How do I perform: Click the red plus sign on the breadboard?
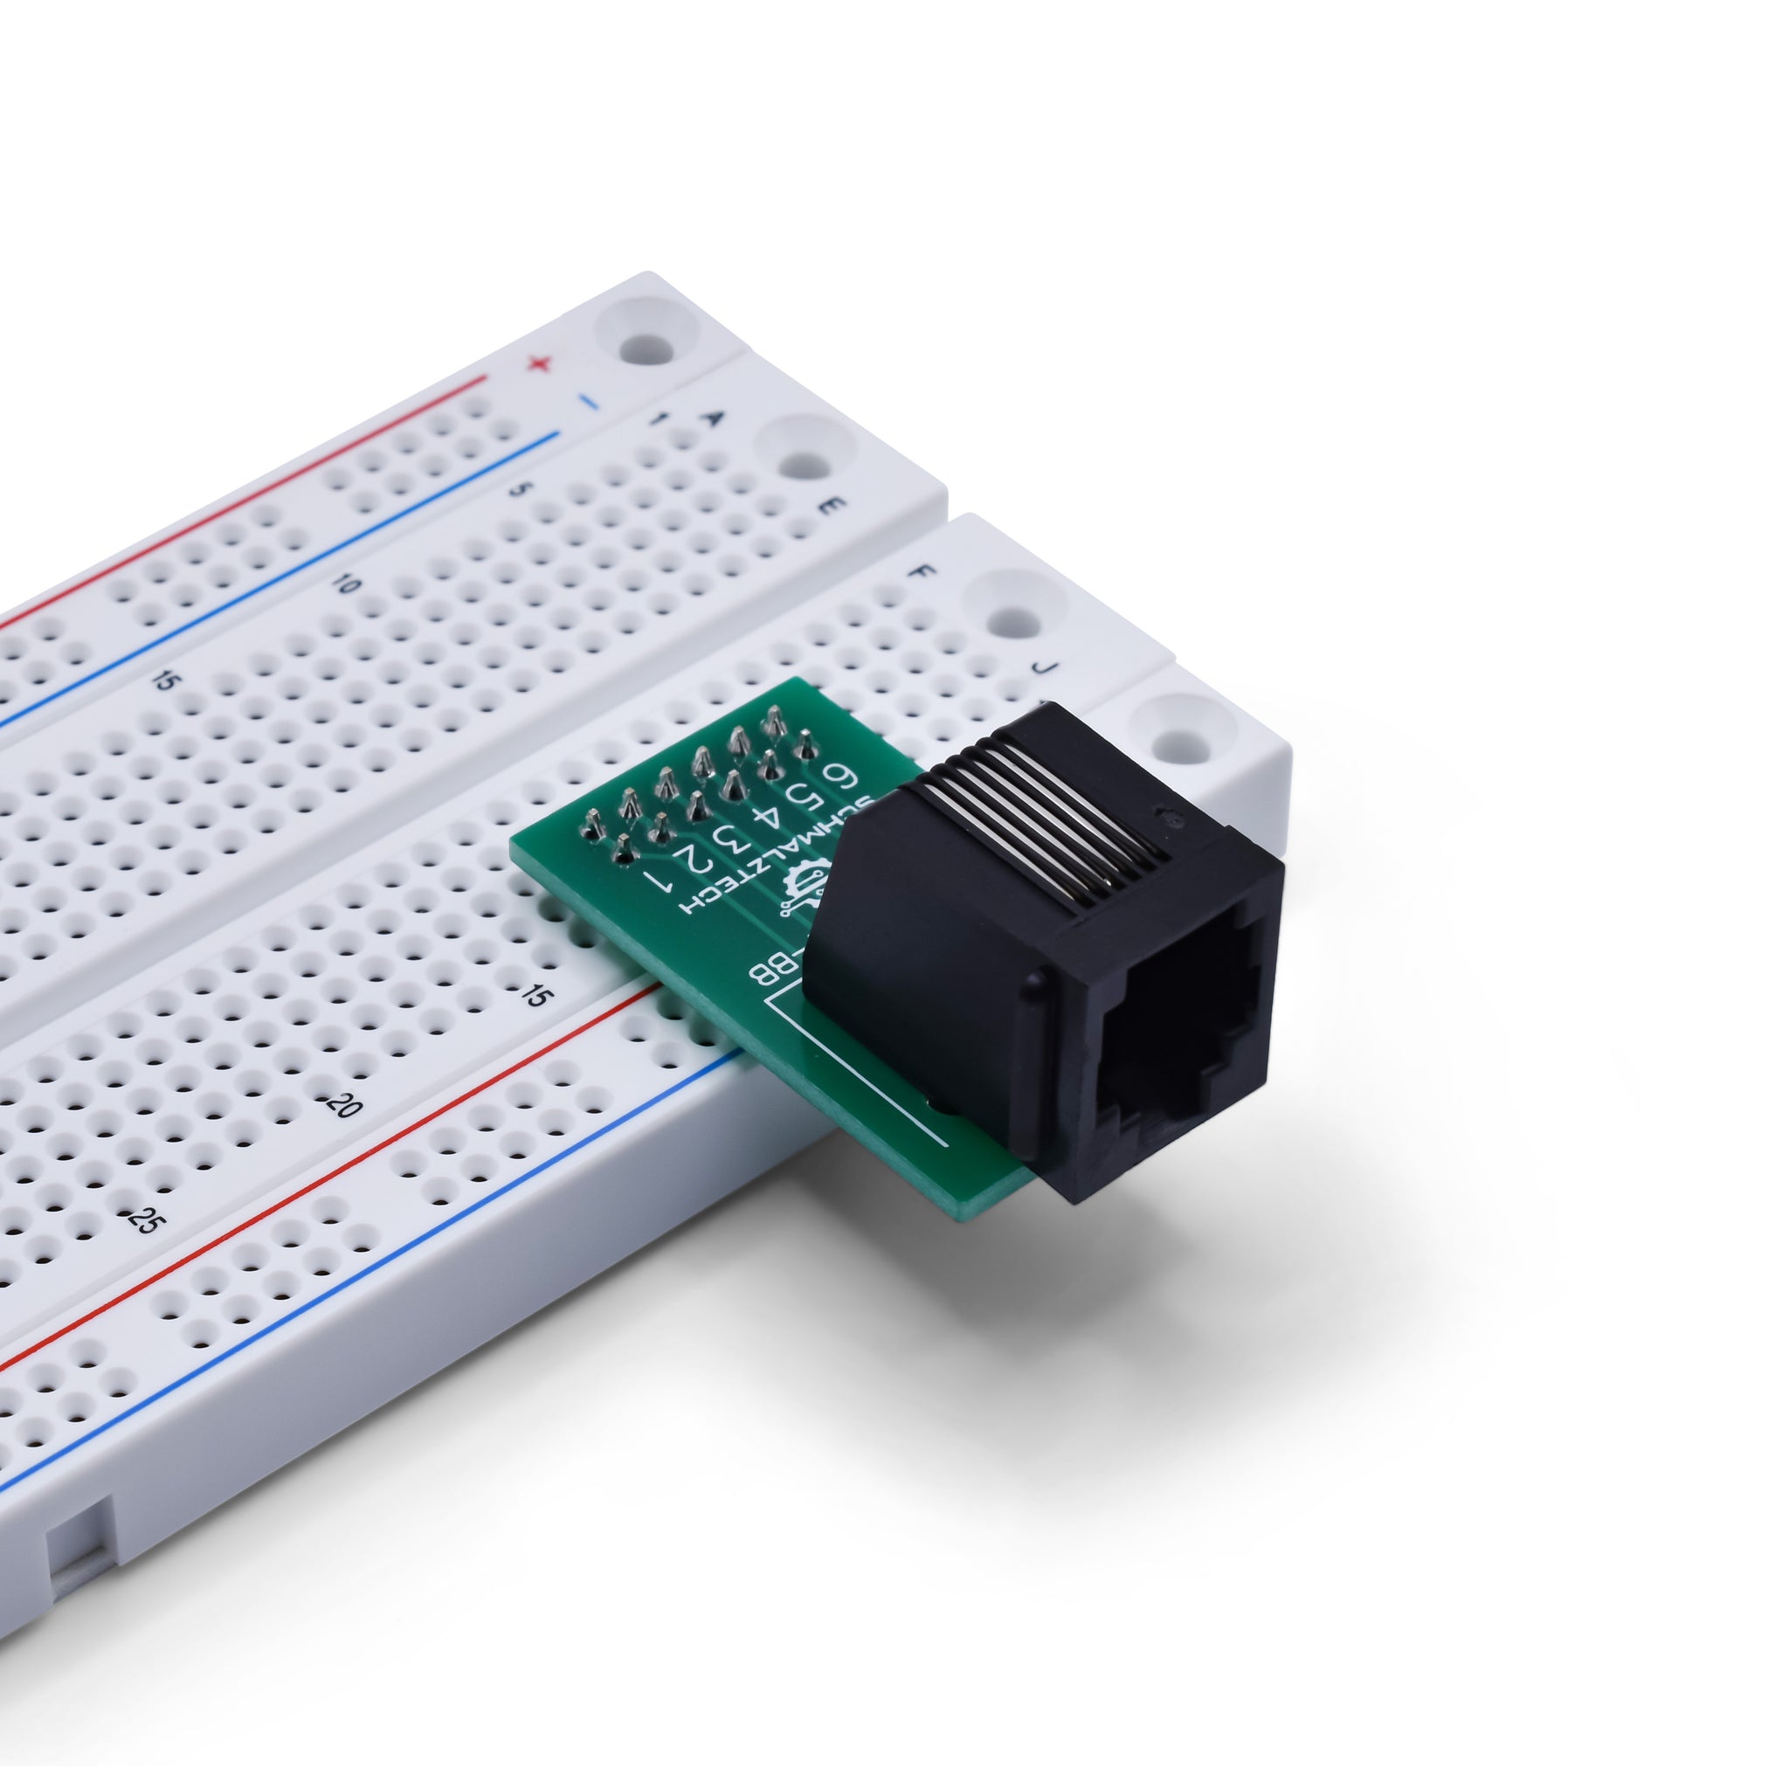pos(538,364)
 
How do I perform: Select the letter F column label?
pos(921,571)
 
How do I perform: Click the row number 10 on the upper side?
pos(345,584)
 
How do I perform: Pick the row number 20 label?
pos(342,1105)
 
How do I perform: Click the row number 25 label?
pos(141,1220)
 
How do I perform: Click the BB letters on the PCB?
pos(769,972)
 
